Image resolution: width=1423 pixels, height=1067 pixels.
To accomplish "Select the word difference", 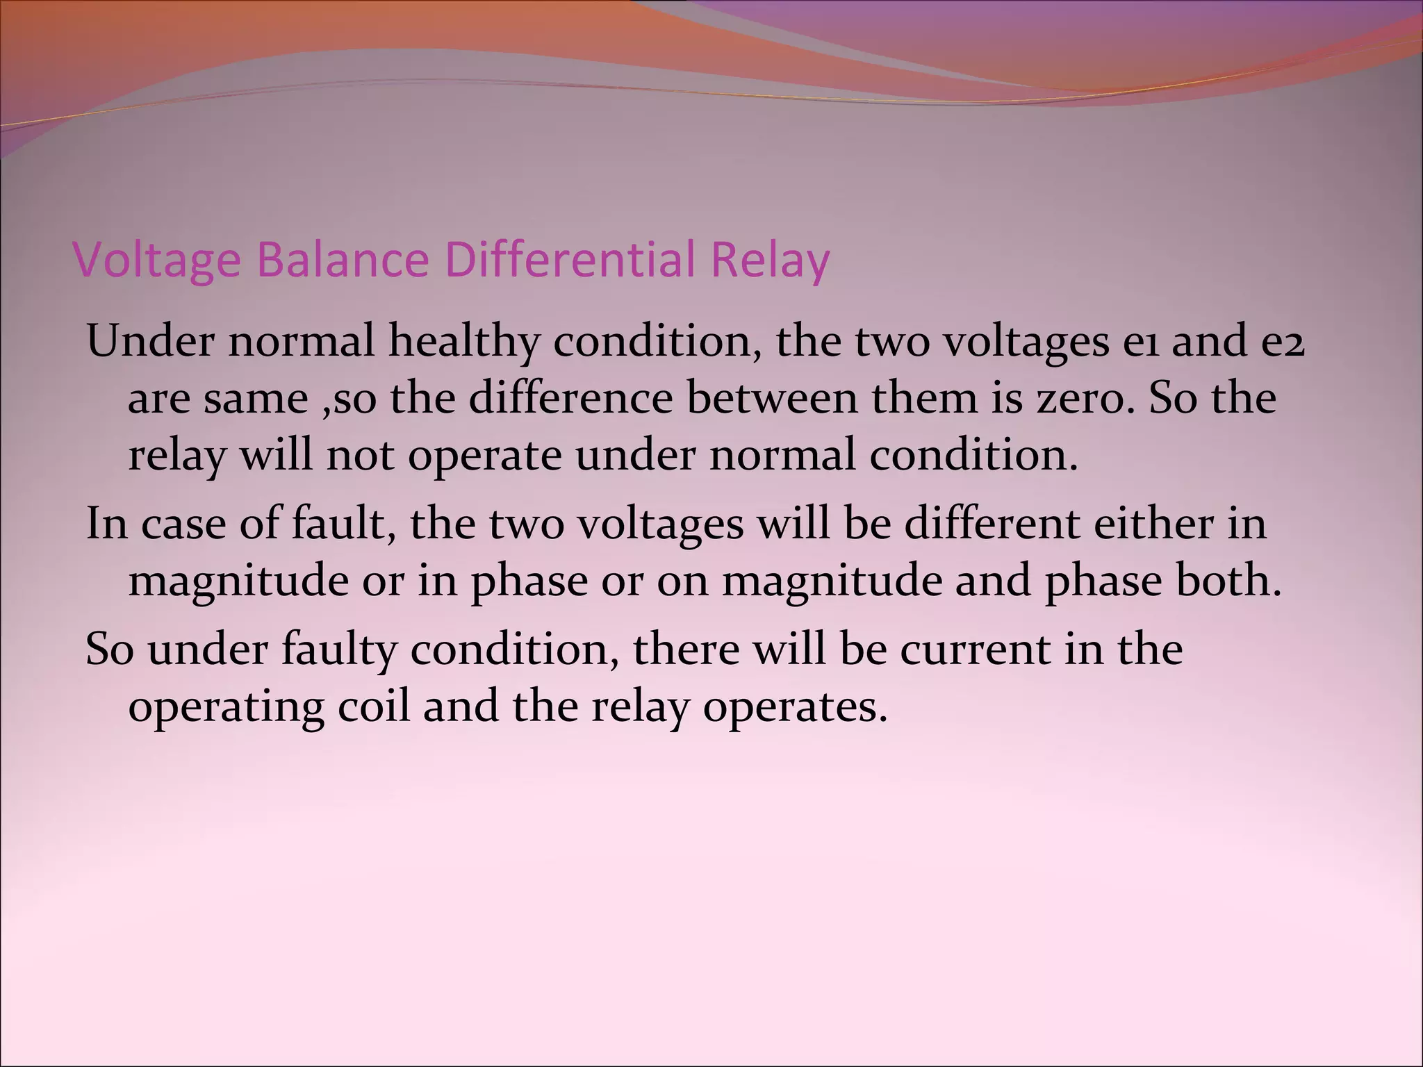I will [x=570, y=399].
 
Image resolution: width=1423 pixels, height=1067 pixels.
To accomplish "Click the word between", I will [x=772, y=399].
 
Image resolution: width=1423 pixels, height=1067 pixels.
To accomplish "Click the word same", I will [x=256, y=399].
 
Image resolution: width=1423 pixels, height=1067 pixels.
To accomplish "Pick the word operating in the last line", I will [x=226, y=707].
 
